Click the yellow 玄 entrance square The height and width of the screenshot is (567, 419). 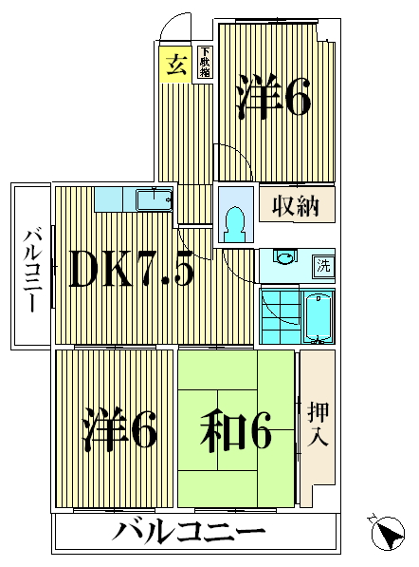click(175, 66)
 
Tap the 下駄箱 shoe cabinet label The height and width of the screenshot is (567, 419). click(205, 64)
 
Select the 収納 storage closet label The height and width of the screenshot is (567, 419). click(296, 204)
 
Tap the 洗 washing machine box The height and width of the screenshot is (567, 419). click(323, 266)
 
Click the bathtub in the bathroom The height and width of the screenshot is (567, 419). click(317, 318)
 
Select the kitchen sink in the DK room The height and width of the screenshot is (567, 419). click(153, 200)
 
